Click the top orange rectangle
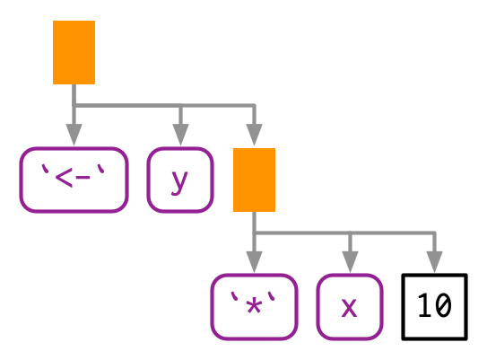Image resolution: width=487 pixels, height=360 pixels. click(74, 52)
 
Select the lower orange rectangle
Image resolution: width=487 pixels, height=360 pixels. click(254, 180)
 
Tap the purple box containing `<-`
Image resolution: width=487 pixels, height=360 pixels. click(74, 180)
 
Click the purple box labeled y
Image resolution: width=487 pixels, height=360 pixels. click(180, 180)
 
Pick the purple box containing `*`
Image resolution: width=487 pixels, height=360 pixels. click(254, 307)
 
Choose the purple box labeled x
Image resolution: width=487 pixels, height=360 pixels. click(350, 307)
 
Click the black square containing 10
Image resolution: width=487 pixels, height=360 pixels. click(434, 307)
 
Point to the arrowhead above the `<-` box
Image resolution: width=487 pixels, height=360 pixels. click(74, 135)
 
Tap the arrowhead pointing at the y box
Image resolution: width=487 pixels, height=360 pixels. click(180, 135)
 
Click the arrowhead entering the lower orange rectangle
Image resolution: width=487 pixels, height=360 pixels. click(254, 135)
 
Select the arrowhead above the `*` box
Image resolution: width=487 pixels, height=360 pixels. click(254, 262)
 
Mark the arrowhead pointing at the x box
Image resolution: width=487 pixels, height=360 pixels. click(350, 262)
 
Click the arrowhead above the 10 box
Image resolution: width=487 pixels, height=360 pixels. click(434, 262)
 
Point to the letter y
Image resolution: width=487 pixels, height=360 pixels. click(179, 183)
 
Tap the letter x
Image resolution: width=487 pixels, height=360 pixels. click(350, 307)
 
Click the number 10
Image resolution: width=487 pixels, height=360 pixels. click(434, 305)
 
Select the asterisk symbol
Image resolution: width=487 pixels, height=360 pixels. click(254, 306)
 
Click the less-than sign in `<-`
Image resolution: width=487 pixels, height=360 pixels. click(64, 178)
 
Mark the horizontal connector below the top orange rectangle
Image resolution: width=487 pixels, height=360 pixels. click(164, 106)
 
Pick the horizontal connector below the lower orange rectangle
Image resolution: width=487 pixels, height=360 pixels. click(344, 233)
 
